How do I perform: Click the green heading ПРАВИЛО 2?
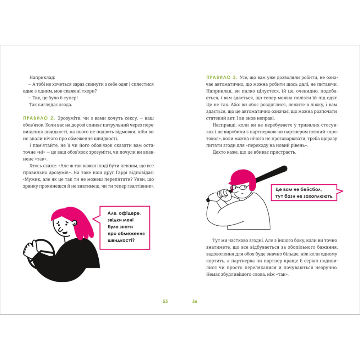(39, 118)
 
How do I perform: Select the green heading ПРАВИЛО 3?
(221, 77)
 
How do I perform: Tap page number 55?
(165, 301)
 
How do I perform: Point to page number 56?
(195, 301)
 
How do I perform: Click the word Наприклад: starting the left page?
(42, 78)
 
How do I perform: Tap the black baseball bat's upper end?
(285, 168)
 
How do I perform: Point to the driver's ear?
(74, 223)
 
